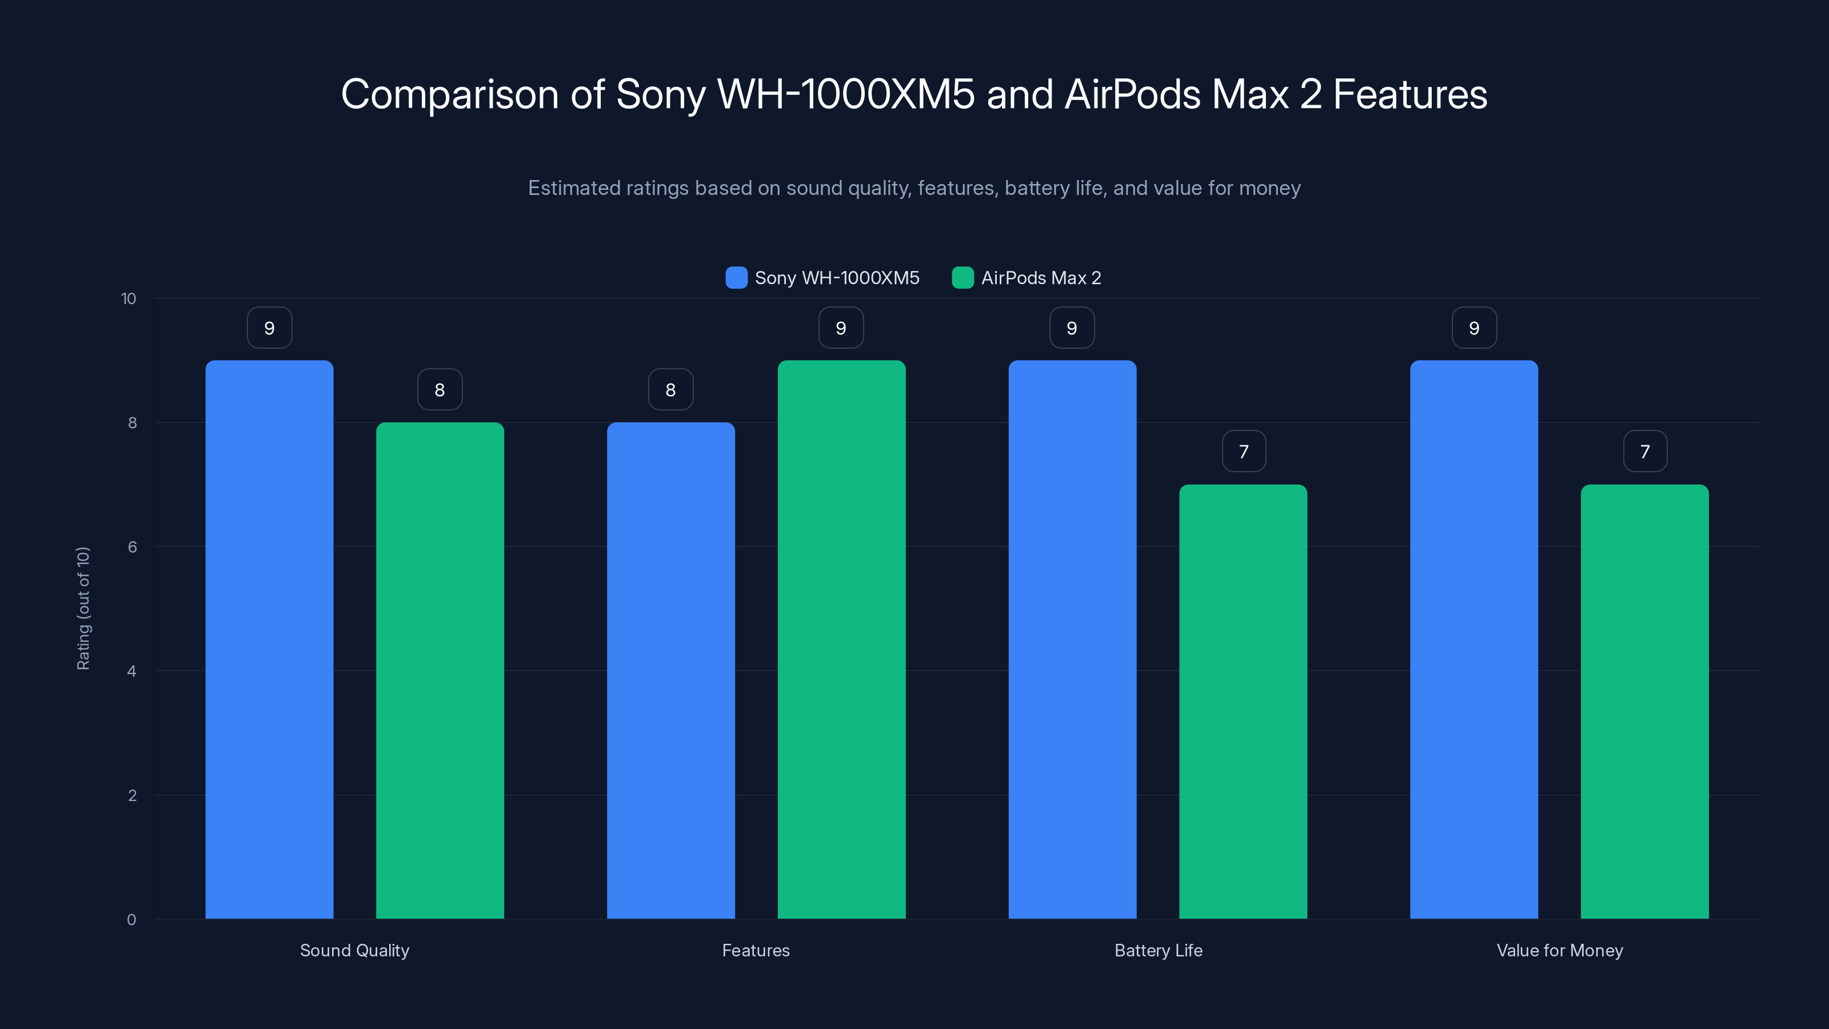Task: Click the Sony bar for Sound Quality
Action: pos(269,639)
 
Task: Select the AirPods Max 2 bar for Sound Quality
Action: pos(440,671)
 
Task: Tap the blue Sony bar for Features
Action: pos(670,671)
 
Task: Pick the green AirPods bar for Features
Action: pos(841,639)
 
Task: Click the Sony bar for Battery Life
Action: pos(1072,639)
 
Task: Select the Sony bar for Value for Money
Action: pos(1474,639)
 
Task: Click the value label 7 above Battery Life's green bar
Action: pos(1243,452)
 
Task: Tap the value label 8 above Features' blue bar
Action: pos(670,390)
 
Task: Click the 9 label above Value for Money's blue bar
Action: pos(1474,328)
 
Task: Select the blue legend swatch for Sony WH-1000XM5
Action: pos(736,278)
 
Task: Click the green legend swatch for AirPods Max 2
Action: pos(962,278)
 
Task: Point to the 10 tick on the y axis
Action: pos(129,299)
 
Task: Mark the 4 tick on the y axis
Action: pos(131,671)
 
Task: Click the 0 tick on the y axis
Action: pos(131,920)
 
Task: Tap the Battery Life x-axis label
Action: pos(1158,950)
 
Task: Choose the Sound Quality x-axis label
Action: pos(354,950)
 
